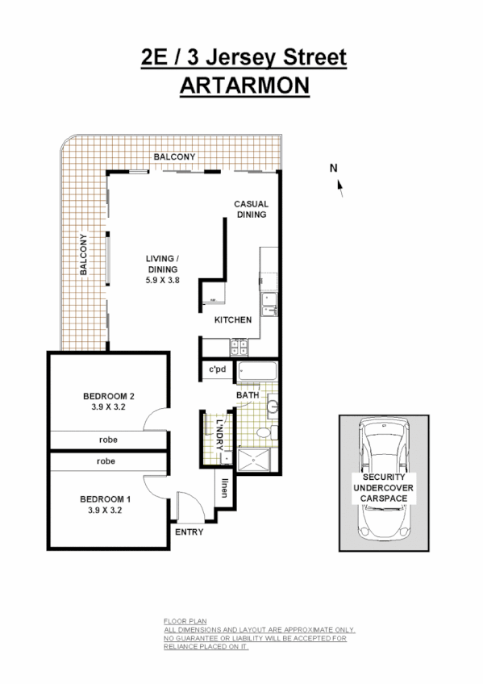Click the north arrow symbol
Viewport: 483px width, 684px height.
tap(339, 187)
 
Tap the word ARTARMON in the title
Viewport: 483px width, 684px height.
tap(244, 85)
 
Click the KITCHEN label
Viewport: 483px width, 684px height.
tap(233, 320)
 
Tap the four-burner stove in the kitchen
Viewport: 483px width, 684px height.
tap(239, 348)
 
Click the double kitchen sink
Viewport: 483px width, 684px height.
tap(269, 304)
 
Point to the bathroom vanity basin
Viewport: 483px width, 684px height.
tap(272, 407)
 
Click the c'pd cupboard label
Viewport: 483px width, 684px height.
tap(217, 371)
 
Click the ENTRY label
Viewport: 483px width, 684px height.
tap(189, 532)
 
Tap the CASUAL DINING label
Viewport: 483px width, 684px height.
tap(251, 210)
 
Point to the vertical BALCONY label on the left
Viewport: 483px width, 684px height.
tap(83, 256)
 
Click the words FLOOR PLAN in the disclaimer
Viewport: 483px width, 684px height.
tap(179, 620)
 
